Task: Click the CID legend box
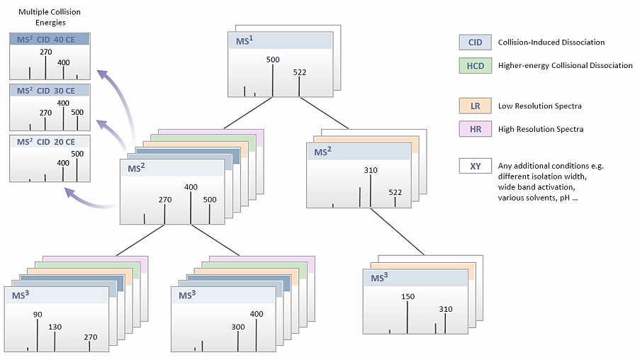pyautogui.click(x=475, y=42)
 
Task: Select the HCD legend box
pyautogui.click(x=475, y=66)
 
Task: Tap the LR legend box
pyautogui.click(x=475, y=106)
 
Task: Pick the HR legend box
pyautogui.click(x=475, y=129)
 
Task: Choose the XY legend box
pyautogui.click(x=475, y=166)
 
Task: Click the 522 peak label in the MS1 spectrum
pyautogui.click(x=300, y=72)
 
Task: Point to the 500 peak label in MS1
pyautogui.click(x=273, y=60)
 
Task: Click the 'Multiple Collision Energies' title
pyautogui.click(x=50, y=17)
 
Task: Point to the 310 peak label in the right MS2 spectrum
pyautogui.click(x=371, y=170)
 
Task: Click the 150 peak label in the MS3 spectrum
pyautogui.click(x=408, y=296)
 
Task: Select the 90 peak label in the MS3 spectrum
pyautogui.click(x=38, y=314)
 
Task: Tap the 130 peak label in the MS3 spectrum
pyautogui.click(x=55, y=327)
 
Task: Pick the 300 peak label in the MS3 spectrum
pyautogui.click(x=238, y=327)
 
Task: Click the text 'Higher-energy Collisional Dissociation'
pyautogui.click(x=566, y=66)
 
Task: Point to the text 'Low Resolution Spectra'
pyautogui.click(x=540, y=106)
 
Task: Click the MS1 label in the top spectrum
pyautogui.click(x=245, y=40)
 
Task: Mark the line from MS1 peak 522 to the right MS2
pyautogui.click(x=324, y=113)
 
